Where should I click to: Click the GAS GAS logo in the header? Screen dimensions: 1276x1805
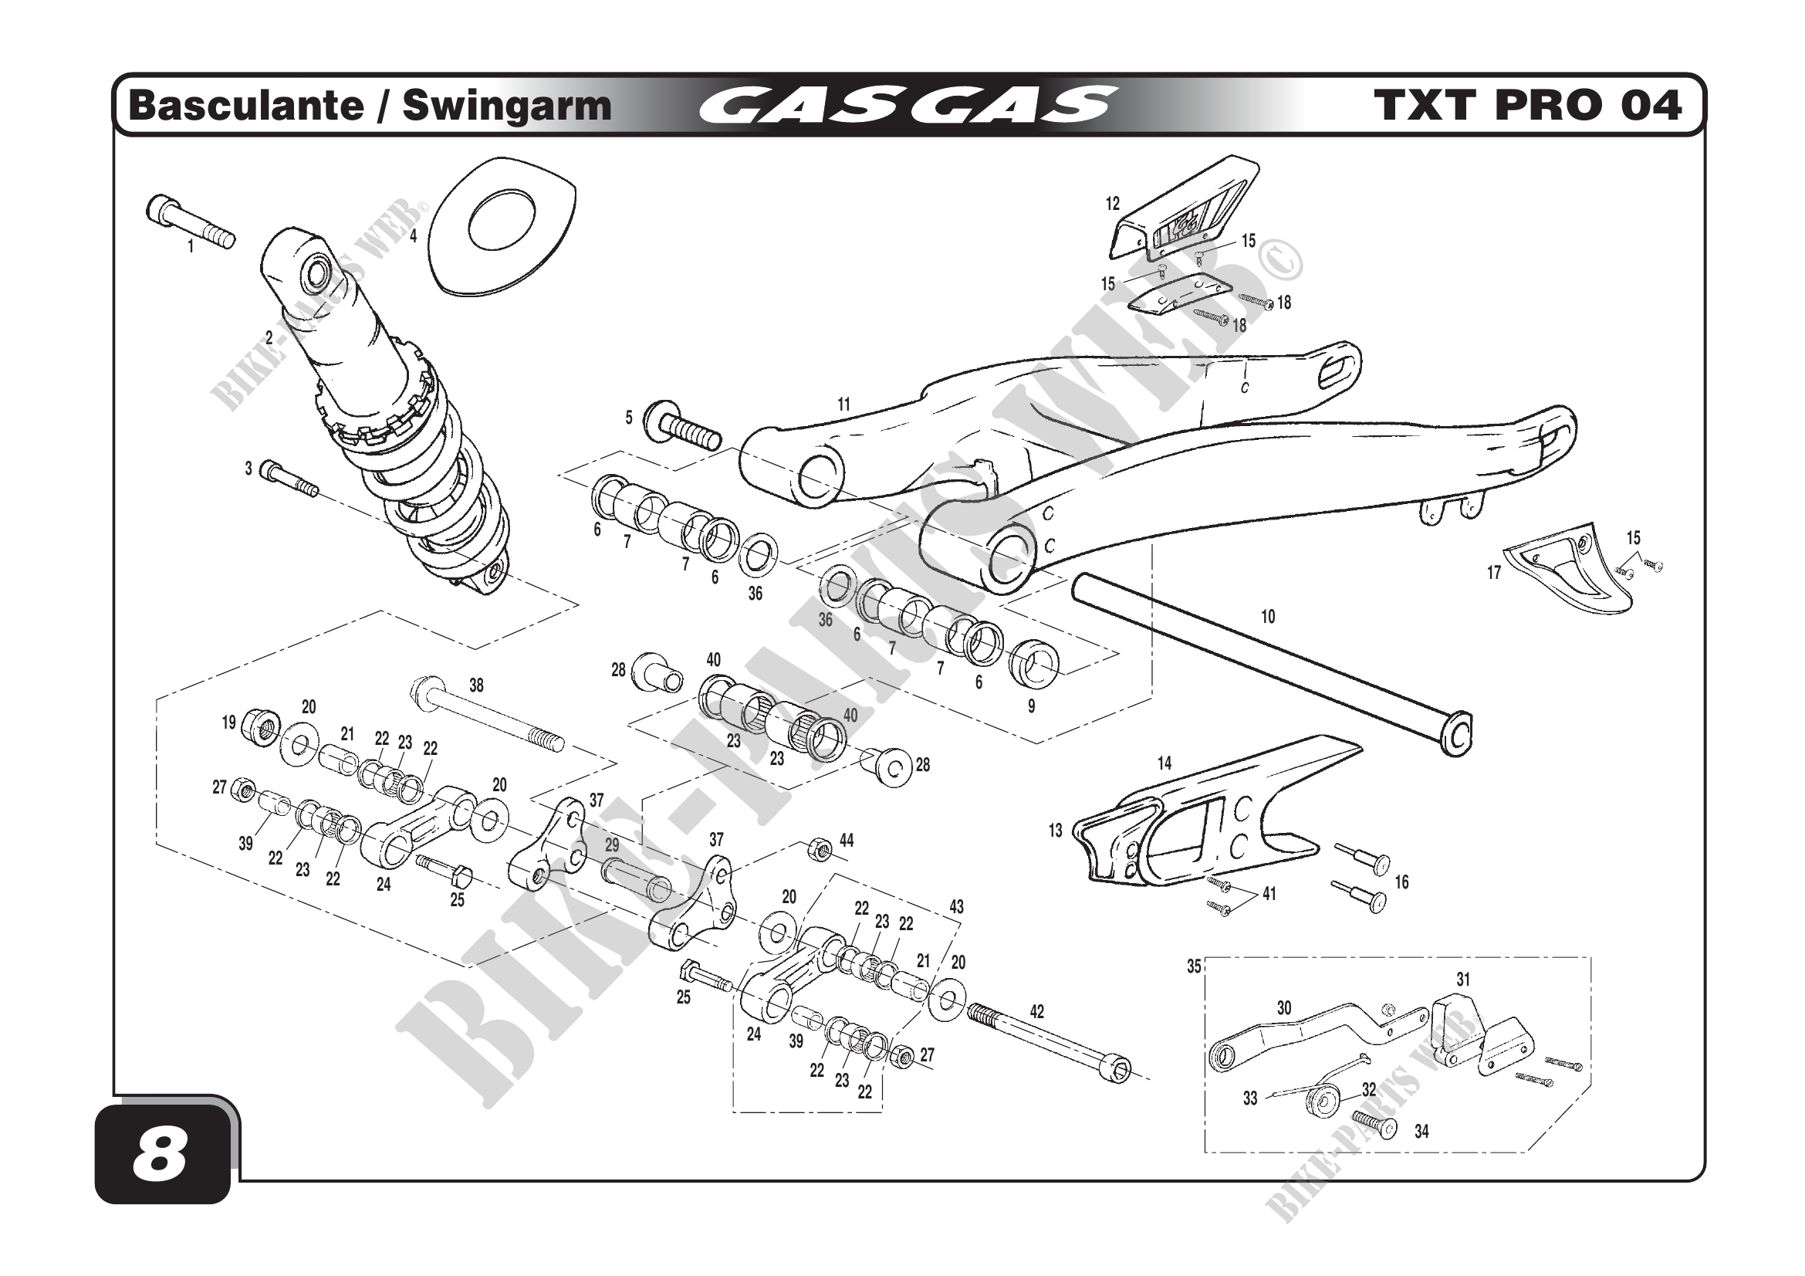(x=907, y=106)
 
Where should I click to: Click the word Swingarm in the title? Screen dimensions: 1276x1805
(x=506, y=106)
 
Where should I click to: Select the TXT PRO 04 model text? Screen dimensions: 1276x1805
(x=1529, y=106)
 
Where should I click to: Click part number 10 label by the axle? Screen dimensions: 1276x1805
(x=1267, y=618)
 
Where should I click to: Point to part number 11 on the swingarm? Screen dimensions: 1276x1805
(x=843, y=405)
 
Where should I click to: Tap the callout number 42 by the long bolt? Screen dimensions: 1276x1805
(x=1036, y=1012)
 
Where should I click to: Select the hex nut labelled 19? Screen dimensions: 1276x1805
(x=258, y=724)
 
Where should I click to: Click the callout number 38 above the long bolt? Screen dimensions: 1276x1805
(x=476, y=685)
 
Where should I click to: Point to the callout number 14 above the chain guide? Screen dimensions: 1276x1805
(x=1164, y=763)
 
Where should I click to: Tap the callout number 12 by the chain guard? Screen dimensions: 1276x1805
(x=1113, y=205)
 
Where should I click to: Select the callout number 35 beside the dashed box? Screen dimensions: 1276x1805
(x=1194, y=967)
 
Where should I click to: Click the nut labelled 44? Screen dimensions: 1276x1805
(x=818, y=848)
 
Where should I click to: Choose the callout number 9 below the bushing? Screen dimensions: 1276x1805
(x=1032, y=707)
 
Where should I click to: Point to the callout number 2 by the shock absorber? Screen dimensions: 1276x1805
(x=269, y=339)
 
